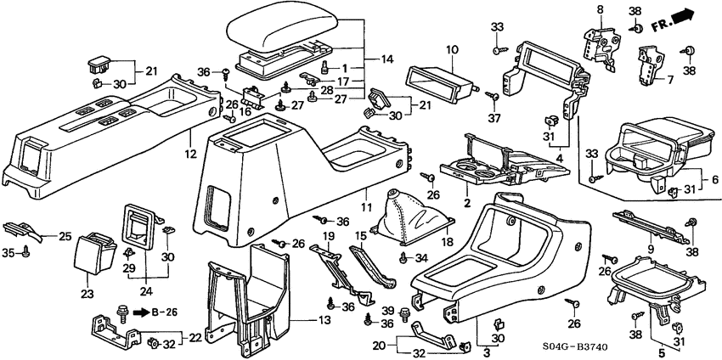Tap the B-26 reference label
(161, 312)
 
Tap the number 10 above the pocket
(451, 50)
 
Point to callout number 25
(64, 235)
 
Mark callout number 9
(651, 247)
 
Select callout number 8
(600, 8)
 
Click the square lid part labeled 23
(94, 257)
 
